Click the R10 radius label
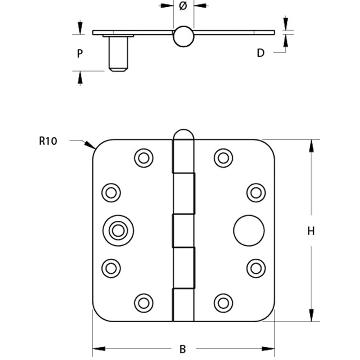48,141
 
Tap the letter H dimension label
311,231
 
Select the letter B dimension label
182,349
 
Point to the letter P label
80,54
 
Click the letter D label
260,53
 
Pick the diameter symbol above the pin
183,6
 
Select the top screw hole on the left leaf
144,157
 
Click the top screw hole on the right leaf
223,157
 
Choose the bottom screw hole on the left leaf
144,303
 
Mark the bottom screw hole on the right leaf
223,303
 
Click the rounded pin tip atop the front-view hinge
183,134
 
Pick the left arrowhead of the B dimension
98,349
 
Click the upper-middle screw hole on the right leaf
256,193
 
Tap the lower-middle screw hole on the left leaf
111,268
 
